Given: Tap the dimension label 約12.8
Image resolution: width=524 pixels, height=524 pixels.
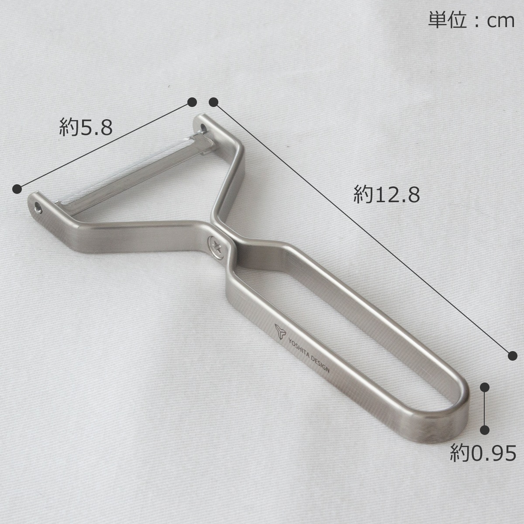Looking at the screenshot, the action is [386, 194].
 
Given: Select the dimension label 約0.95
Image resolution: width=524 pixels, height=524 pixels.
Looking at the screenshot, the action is [483, 453].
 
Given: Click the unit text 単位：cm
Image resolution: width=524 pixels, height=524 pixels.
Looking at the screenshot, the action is [471, 20].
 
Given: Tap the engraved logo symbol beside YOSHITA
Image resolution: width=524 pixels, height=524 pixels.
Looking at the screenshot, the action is [280, 331].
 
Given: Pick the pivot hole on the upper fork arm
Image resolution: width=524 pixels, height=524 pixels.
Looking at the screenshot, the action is [203, 128].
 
